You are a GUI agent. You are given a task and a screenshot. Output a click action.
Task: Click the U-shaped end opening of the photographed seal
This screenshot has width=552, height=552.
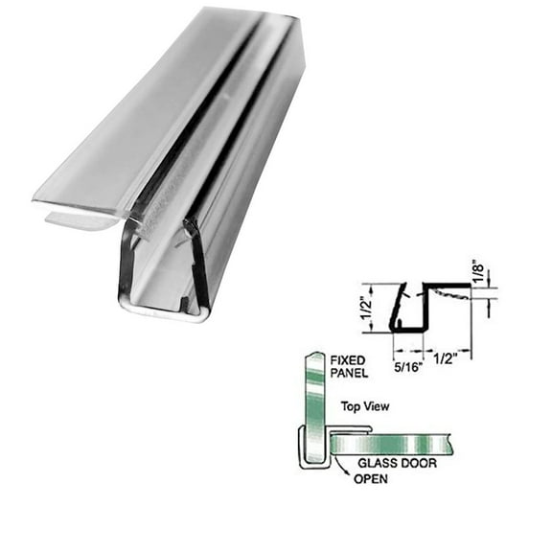coord(163,278)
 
